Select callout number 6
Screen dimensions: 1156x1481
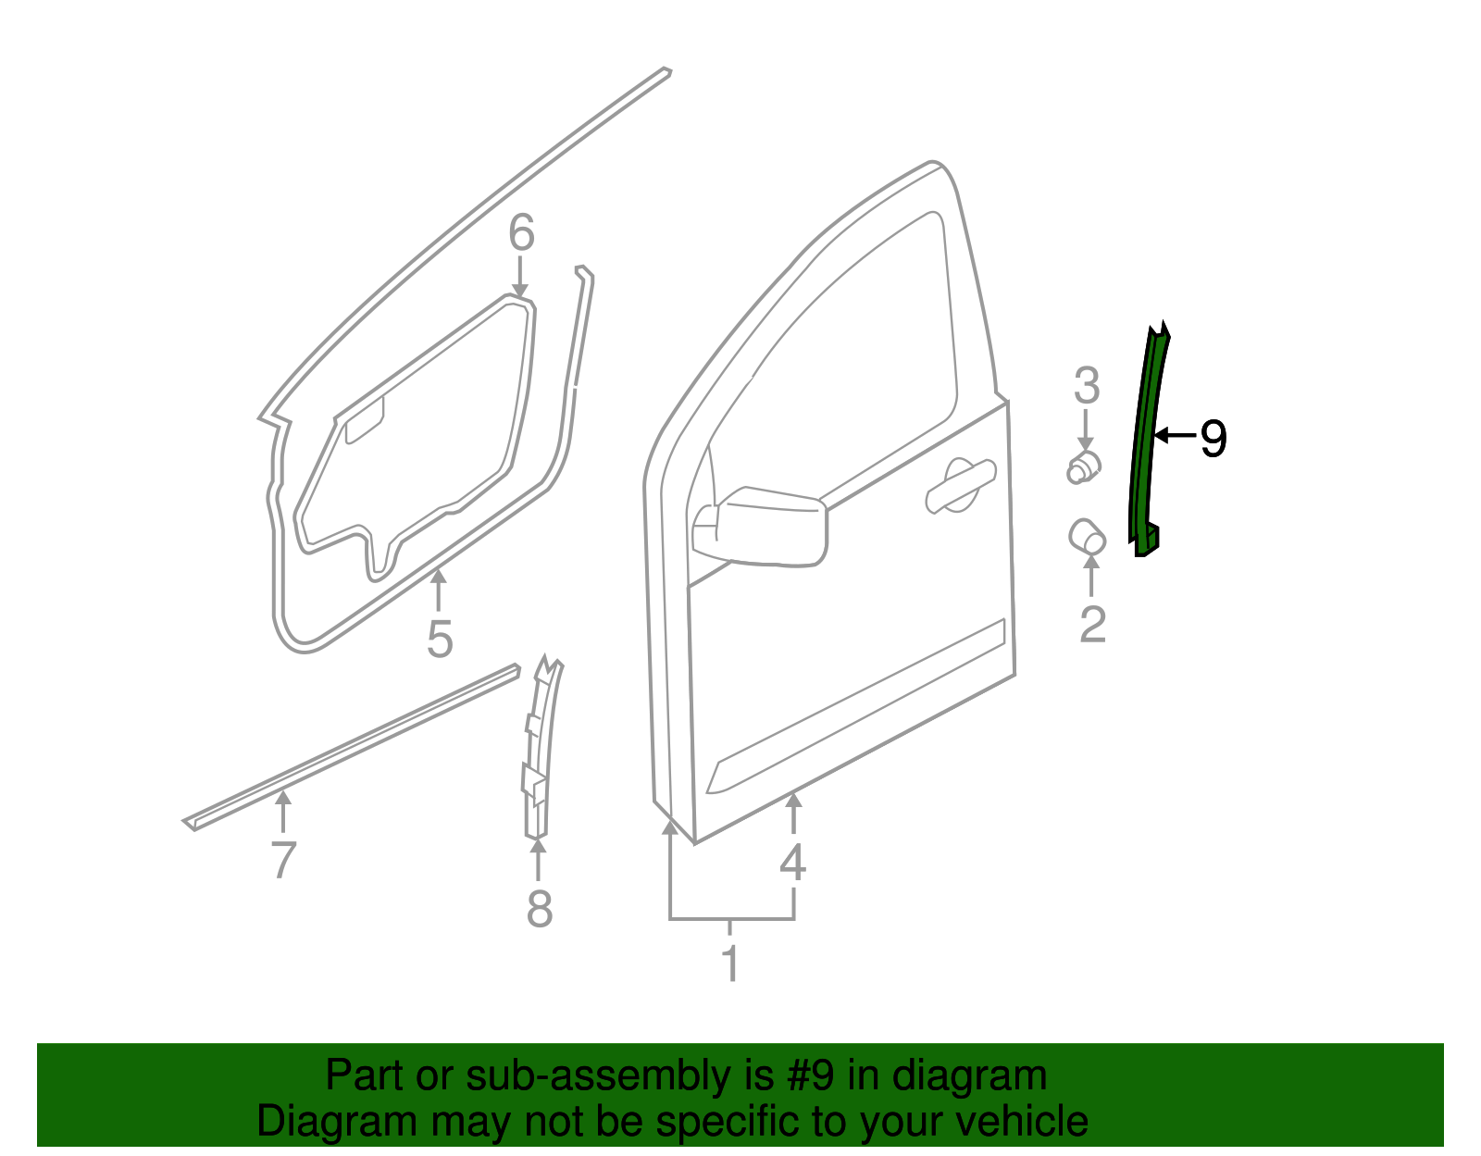pyautogui.click(x=521, y=233)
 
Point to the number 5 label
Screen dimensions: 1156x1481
pyautogui.click(x=440, y=639)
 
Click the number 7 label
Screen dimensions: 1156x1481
pyautogui.click(x=283, y=860)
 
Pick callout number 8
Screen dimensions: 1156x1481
pyautogui.click(x=539, y=908)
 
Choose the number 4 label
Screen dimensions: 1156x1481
pyautogui.click(x=792, y=863)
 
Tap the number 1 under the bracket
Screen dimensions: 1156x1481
pyautogui.click(x=730, y=963)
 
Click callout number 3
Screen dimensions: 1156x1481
pyautogui.click(x=1087, y=386)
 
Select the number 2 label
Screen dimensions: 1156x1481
pyautogui.click(x=1092, y=625)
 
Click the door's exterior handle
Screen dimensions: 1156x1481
pyautogui.click(x=960, y=483)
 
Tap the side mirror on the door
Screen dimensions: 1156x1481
pyautogui.click(x=761, y=526)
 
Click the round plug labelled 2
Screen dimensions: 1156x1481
pyautogui.click(x=1087, y=537)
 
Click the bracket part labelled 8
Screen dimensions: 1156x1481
pyautogui.click(x=539, y=750)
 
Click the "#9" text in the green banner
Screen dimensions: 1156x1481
pyautogui.click(x=811, y=1075)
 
